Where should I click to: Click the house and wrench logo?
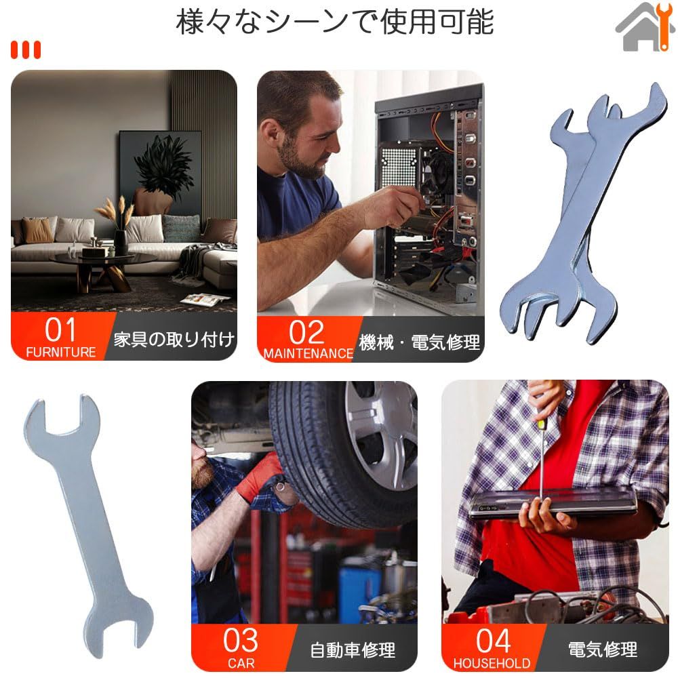[645, 27]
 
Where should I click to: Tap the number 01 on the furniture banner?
[60, 330]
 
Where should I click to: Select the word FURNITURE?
[61, 352]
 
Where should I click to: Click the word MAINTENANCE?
[308, 353]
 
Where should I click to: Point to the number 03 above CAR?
[241, 641]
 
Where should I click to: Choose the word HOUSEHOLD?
[492, 663]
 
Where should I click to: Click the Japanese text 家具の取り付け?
[174, 340]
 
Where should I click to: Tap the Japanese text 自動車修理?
[353, 650]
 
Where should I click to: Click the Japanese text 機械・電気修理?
[420, 342]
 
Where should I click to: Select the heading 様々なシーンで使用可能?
[335, 22]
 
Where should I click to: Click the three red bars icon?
[26, 49]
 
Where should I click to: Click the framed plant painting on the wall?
[160, 174]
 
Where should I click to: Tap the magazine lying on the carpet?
[205, 299]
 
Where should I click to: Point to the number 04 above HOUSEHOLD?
[493, 641]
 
